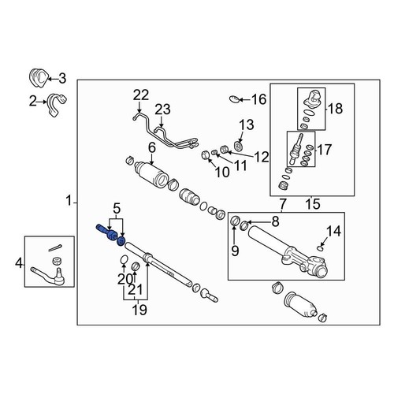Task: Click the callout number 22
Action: [140, 95]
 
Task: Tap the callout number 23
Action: [162, 110]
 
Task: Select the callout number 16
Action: [258, 99]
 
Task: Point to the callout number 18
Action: [334, 110]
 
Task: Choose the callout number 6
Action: [151, 147]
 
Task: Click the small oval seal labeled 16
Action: [233, 98]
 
